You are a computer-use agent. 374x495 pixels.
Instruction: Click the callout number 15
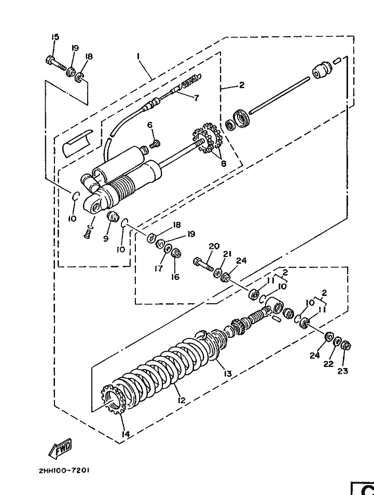(55, 37)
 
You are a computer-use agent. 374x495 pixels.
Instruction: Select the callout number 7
(197, 98)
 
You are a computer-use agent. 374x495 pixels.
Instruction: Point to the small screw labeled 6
(155, 144)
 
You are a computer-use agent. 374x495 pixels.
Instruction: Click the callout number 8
(224, 163)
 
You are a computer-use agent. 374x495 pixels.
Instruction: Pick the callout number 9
(105, 238)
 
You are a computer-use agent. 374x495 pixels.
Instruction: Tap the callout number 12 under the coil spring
(181, 400)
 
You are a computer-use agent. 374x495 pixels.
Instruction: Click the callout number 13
(227, 374)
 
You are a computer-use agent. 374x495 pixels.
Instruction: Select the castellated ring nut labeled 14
(113, 399)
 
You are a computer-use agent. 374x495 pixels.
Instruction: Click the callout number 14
(126, 434)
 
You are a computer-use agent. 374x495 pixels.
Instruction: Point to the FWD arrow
(60, 448)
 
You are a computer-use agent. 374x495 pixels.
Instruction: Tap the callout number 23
(342, 371)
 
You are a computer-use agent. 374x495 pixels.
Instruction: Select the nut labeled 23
(346, 346)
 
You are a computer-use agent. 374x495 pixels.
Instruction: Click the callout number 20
(214, 246)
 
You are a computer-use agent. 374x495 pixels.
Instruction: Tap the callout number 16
(175, 277)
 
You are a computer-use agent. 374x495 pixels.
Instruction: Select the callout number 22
(328, 364)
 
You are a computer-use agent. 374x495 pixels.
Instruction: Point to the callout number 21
(228, 254)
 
